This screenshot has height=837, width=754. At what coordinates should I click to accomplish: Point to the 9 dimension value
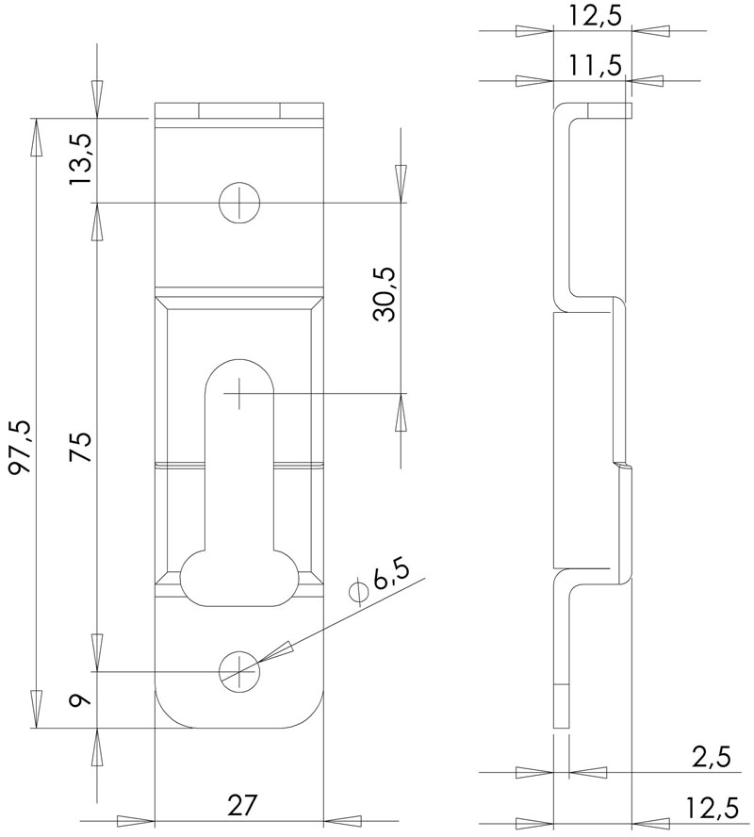pos(81,700)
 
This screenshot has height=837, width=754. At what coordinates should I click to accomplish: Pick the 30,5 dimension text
pos(385,295)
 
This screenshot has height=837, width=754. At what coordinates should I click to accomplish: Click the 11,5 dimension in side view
pos(594,65)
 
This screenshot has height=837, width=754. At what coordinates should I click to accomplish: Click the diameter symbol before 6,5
pos(357,591)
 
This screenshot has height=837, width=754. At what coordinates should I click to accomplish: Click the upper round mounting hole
pos(238,202)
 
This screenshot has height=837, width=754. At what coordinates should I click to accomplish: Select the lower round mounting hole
pos(238,669)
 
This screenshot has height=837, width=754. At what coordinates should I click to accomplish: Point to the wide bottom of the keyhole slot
pos(239,577)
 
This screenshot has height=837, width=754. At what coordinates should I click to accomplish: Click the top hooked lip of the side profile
pos(603,110)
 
